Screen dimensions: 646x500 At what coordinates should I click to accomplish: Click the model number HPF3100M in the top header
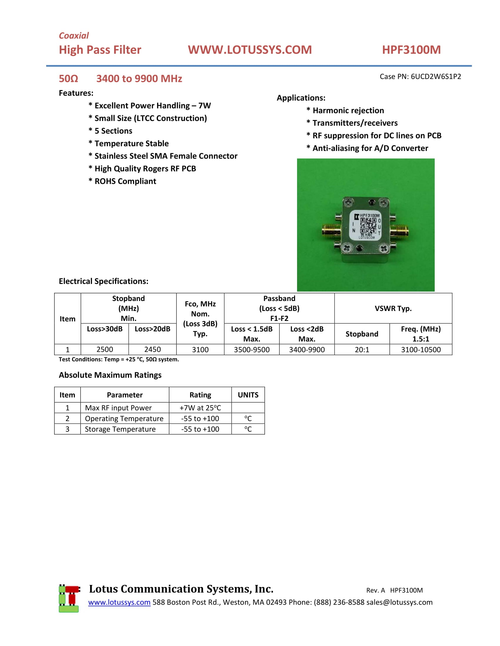click(x=411, y=50)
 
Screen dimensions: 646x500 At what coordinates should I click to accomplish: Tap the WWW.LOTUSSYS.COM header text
click(x=250, y=50)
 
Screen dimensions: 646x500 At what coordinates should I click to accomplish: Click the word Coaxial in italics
click(x=74, y=36)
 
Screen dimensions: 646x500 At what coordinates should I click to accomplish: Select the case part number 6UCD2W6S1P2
click(x=436, y=77)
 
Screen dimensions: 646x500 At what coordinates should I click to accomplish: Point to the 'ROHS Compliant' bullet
click(x=125, y=181)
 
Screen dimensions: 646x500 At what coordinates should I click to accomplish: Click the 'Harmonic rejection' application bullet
click(x=348, y=111)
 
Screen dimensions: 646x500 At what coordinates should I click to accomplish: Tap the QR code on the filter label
click(x=368, y=226)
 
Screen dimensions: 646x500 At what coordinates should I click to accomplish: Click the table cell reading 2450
click(x=153, y=349)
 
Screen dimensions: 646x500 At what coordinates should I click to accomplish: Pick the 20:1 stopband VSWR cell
click(x=362, y=350)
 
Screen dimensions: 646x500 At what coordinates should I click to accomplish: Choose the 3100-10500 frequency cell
click(x=421, y=350)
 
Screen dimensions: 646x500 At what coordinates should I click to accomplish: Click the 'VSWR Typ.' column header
click(x=393, y=309)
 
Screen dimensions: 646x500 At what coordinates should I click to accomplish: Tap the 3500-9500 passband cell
click(x=252, y=350)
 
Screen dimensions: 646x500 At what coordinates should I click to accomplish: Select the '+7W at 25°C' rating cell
click(x=200, y=408)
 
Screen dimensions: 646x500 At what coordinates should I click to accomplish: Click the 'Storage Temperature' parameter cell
click(x=120, y=429)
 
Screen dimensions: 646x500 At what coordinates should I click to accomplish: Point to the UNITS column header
click(x=248, y=395)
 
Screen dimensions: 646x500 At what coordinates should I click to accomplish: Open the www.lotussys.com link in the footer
click(x=119, y=602)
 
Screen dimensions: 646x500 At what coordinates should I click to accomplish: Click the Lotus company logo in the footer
click(x=69, y=598)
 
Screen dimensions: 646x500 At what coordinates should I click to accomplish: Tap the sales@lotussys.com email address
click(x=399, y=602)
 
